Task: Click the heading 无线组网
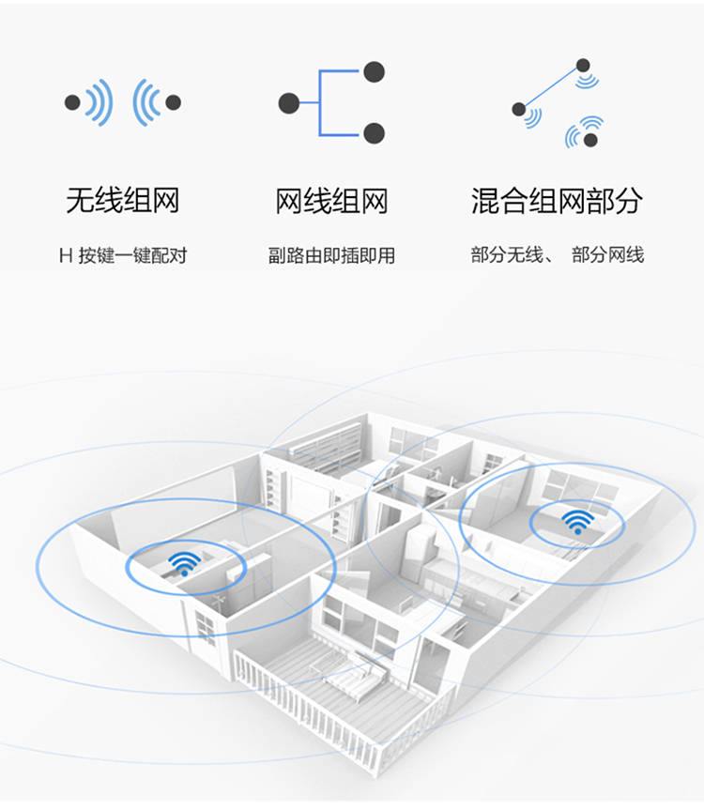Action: [x=123, y=201]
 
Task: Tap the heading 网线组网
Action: [x=331, y=201]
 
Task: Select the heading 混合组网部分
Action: [x=557, y=201]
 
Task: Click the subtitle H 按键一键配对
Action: [x=123, y=255]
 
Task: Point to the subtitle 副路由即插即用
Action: [x=331, y=255]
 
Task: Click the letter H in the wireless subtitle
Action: [x=66, y=255]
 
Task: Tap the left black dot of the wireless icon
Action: [x=72, y=102]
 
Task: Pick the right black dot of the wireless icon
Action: [x=173, y=102]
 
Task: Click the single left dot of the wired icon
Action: [x=289, y=103]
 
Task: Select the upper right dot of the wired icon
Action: [x=374, y=72]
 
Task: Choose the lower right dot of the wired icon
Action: [x=374, y=133]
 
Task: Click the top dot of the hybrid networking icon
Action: [x=583, y=65]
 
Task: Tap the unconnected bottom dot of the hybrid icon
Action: [x=590, y=140]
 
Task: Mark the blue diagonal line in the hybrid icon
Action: [x=551, y=87]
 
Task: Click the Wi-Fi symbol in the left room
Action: [x=184, y=563]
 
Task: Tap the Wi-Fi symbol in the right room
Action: [x=578, y=521]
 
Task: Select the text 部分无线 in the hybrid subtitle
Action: [x=507, y=255]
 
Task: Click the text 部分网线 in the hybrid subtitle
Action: [x=608, y=255]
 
